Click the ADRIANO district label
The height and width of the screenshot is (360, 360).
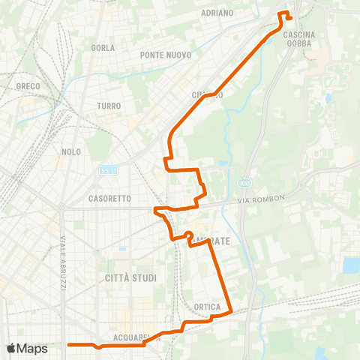coord(217,13)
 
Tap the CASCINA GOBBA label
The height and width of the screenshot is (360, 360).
coord(298,39)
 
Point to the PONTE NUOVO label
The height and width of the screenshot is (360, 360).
coord(166,55)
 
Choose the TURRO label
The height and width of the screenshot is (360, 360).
coord(109,106)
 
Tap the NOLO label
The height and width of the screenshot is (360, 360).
coord(72,151)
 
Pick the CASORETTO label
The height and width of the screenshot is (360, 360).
coord(109,199)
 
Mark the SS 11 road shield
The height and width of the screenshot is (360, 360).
coord(108,172)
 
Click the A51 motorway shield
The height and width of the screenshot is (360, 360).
coord(244,183)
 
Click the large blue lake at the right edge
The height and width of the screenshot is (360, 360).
coord(351,265)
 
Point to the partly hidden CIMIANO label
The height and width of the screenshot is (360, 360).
coord(207,95)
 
